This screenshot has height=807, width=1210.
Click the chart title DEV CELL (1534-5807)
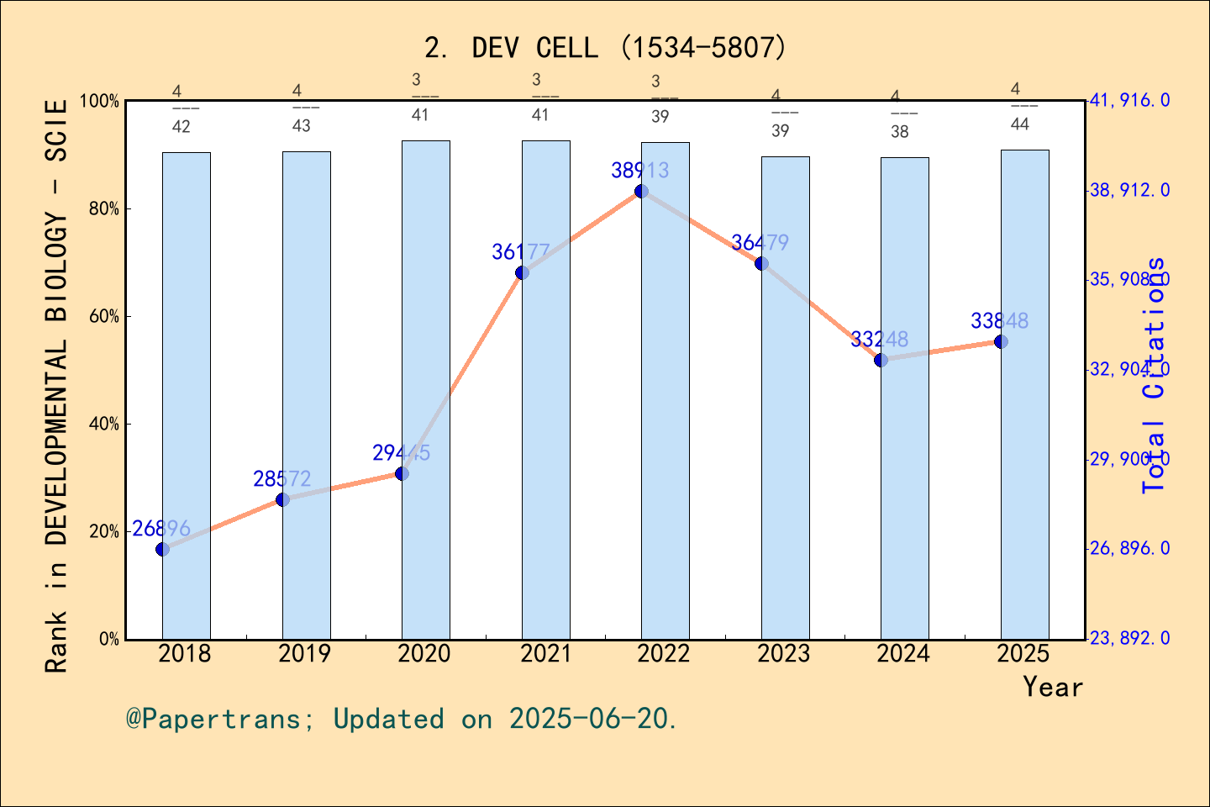[x=605, y=48]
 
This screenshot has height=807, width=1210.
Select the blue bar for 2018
[x=187, y=395]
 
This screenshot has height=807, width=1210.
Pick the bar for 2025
[x=1024, y=394]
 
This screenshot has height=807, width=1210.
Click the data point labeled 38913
[x=641, y=192]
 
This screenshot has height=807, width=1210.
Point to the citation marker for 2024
[x=881, y=361]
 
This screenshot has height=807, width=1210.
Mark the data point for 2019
[x=282, y=500]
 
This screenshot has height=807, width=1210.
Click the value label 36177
[x=521, y=251]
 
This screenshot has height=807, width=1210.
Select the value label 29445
[x=401, y=453]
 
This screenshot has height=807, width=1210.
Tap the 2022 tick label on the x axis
[x=664, y=654]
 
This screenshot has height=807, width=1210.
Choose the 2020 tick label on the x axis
[x=424, y=654]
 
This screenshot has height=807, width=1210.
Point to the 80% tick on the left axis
[x=104, y=209]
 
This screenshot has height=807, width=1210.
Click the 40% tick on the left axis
[x=104, y=425]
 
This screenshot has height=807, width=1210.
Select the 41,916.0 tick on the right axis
[x=1129, y=101]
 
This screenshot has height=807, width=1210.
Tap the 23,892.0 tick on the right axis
[x=1129, y=639]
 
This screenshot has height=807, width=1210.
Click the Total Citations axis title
[x=1155, y=375]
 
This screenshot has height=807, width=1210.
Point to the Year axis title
[x=1053, y=687]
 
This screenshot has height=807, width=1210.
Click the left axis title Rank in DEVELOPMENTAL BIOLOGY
[x=56, y=387]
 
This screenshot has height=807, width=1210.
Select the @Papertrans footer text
[x=402, y=719]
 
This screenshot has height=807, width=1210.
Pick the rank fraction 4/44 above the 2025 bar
[x=1019, y=107]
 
